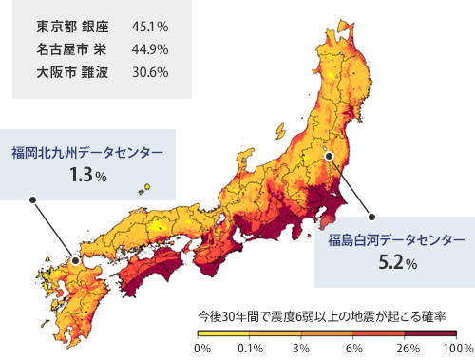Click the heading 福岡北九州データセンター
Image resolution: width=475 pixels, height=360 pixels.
click(87, 152)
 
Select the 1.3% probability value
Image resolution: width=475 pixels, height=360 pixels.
click(87, 176)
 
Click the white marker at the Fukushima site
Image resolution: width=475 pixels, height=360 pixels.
click(329, 155)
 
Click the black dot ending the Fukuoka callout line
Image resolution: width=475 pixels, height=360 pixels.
click(32, 200)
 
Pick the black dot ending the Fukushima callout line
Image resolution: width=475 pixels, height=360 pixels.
click(371, 217)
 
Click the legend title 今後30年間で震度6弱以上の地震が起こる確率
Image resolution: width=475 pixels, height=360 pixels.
click(321, 314)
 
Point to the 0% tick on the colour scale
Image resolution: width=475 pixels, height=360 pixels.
click(201, 349)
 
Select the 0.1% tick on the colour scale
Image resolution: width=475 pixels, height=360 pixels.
click(251, 349)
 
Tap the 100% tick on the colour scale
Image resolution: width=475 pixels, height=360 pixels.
click(457, 349)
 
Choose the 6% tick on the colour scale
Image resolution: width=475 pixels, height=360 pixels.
click(354, 349)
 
